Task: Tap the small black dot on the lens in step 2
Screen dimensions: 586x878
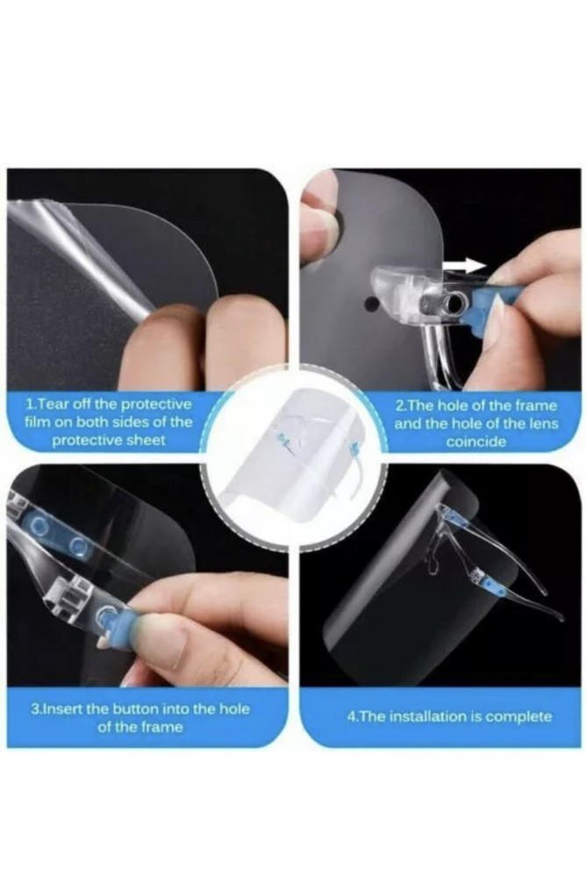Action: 368,305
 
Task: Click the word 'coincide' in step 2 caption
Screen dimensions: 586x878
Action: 475,442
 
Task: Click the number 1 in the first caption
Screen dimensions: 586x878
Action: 31,404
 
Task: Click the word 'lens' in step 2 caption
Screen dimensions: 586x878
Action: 545,423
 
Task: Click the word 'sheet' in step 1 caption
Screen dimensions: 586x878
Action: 148,440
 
